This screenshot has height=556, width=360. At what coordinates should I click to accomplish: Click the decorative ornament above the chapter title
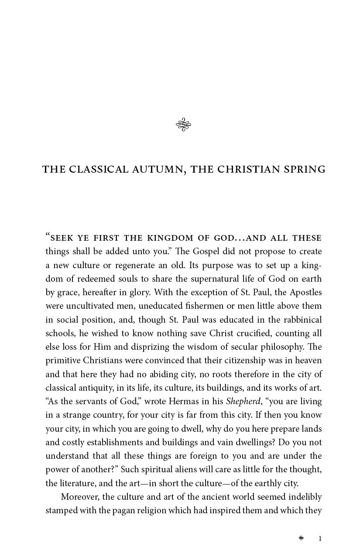[184, 125]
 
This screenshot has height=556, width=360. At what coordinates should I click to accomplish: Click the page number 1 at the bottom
[320, 539]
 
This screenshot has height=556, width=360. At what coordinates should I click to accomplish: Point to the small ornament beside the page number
[301, 538]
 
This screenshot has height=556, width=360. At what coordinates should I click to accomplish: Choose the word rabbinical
[301, 320]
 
